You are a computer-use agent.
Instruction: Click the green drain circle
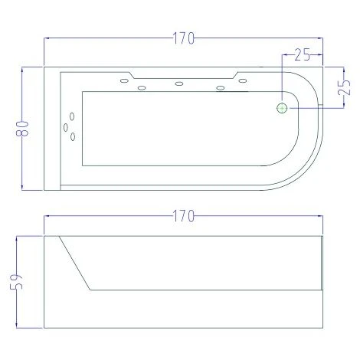click(x=282, y=109)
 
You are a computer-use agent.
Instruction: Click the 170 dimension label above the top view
click(x=184, y=38)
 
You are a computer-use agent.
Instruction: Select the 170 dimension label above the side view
click(x=184, y=216)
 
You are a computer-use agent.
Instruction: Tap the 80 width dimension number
click(x=22, y=129)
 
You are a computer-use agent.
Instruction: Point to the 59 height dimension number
click(x=16, y=282)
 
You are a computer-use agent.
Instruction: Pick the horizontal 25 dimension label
click(x=303, y=54)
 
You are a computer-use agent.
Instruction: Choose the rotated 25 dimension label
click(x=344, y=87)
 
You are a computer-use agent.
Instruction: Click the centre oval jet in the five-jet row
click(x=179, y=83)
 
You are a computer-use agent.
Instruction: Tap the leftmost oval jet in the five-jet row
click(x=124, y=81)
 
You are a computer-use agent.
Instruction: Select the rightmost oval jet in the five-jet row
click(x=243, y=81)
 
